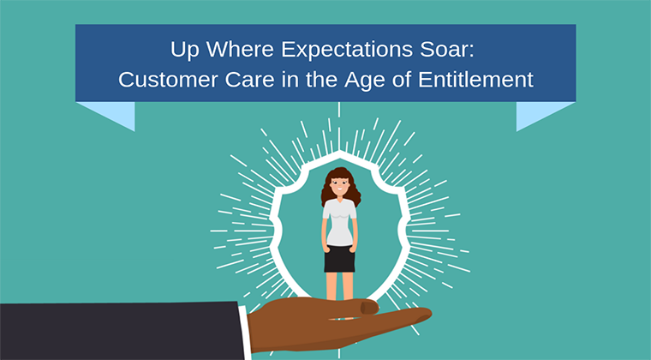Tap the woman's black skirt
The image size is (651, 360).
(339, 257)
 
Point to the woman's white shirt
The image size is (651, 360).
(339, 220)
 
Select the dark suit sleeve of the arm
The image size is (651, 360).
(111, 331)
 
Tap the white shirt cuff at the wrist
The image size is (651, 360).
(246, 329)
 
